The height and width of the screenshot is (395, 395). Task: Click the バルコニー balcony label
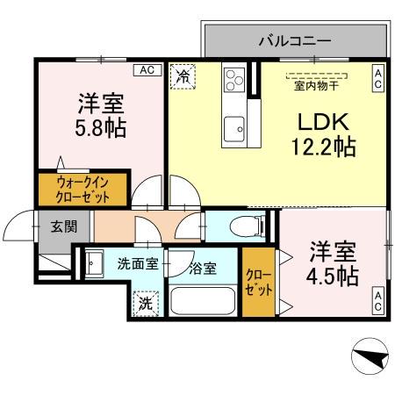(x=294, y=39)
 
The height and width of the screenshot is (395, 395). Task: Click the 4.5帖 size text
(x=333, y=275)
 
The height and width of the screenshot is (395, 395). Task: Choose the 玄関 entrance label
(x=62, y=226)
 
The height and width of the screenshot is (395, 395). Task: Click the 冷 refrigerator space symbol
(x=183, y=77)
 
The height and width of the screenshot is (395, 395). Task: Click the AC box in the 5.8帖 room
(x=146, y=69)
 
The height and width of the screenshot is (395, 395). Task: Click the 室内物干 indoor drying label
(x=317, y=84)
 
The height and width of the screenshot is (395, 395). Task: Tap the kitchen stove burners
(x=233, y=80)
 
